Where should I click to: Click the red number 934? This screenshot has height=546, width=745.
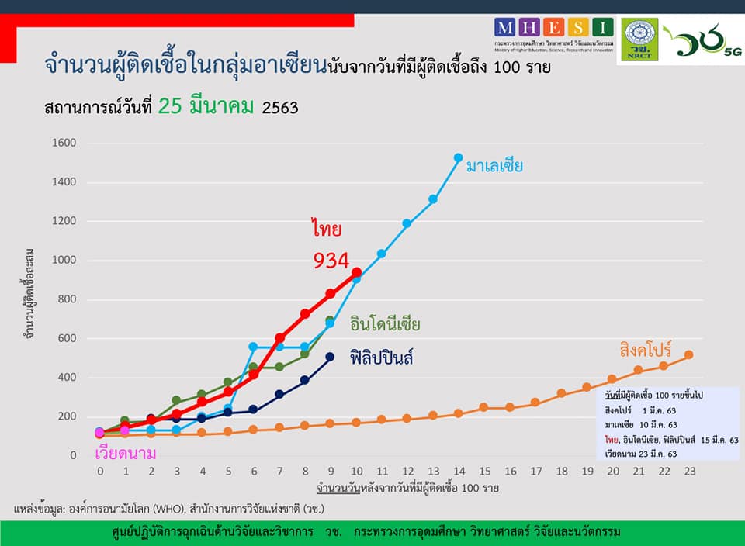331,261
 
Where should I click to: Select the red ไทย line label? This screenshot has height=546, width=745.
327,230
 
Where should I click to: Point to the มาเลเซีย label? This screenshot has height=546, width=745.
494,166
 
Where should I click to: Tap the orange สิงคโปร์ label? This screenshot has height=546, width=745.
645,350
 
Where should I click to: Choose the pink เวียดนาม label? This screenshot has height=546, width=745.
125,453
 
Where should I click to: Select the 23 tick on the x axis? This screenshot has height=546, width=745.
688,471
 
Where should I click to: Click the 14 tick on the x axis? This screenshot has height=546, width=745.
458,471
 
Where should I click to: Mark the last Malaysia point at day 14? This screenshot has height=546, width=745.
458,158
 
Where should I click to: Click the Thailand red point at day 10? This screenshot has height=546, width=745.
356,273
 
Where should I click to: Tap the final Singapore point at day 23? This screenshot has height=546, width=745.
688,354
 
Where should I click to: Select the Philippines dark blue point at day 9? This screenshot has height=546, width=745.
330,357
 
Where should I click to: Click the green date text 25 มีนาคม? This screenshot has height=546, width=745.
206,107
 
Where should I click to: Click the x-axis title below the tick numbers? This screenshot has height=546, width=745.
407,489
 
